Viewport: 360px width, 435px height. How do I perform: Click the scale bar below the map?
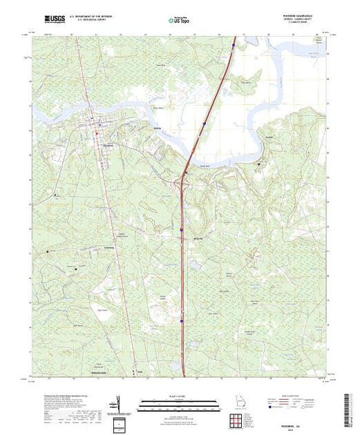point(180,400)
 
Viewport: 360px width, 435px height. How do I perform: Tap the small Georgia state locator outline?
point(238,402)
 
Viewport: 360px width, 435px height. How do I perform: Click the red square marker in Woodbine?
point(97,133)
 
